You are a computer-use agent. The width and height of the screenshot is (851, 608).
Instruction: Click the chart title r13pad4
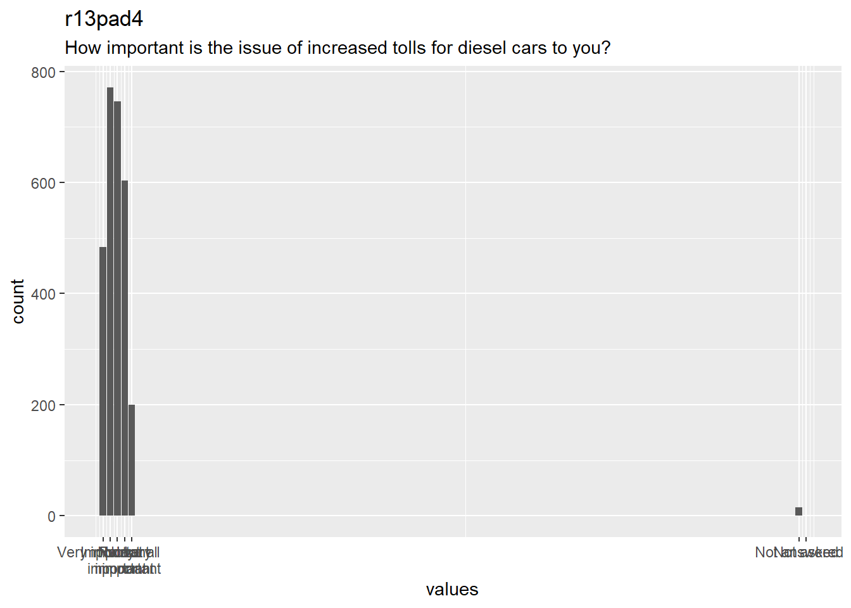click(x=104, y=20)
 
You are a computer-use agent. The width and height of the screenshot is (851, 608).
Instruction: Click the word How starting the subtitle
click(x=83, y=48)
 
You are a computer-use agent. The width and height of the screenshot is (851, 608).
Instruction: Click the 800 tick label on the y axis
click(x=43, y=73)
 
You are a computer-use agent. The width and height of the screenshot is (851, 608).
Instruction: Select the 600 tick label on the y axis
click(x=43, y=184)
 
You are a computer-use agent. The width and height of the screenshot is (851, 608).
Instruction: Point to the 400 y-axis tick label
click(x=43, y=294)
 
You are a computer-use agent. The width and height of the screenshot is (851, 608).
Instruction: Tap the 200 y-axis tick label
click(x=43, y=405)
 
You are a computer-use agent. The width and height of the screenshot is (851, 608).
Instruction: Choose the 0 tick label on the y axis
click(x=51, y=517)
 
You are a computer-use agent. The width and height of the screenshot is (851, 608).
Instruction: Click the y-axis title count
click(x=18, y=301)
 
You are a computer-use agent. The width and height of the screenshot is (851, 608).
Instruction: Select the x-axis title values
click(x=452, y=590)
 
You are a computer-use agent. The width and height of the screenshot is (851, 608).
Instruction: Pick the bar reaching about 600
click(x=125, y=348)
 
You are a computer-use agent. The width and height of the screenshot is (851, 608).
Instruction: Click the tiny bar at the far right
click(x=798, y=512)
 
